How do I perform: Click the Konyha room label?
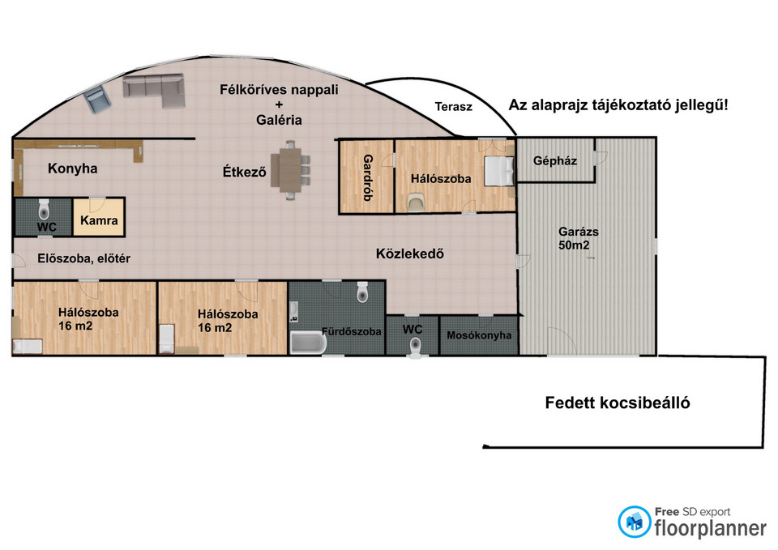pyautogui.click(x=72, y=168)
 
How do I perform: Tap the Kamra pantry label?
pyautogui.click(x=99, y=220)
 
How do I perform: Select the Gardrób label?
pyautogui.click(x=368, y=177)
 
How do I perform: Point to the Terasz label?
pyautogui.click(x=454, y=107)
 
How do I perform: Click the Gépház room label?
pyautogui.click(x=554, y=160)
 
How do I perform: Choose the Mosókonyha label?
pyautogui.click(x=479, y=335)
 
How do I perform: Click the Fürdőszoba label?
pyautogui.click(x=351, y=331)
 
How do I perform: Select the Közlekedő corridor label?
pyautogui.click(x=410, y=254)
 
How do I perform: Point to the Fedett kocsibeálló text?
pyautogui.click(x=618, y=403)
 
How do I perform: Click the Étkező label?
pyautogui.click(x=244, y=172)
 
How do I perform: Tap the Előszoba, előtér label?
pyautogui.click(x=83, y=258)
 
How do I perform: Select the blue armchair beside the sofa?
pyautogui.click(x=96, y=100)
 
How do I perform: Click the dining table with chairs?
pyautogui.click(x=290, y=170)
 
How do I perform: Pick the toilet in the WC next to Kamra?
pyautogui.click(x=44, y=210)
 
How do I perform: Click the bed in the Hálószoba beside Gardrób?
pyautogui.click(x=498, y=171)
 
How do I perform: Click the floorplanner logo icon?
pyautogui.click(x=634, y=522)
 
